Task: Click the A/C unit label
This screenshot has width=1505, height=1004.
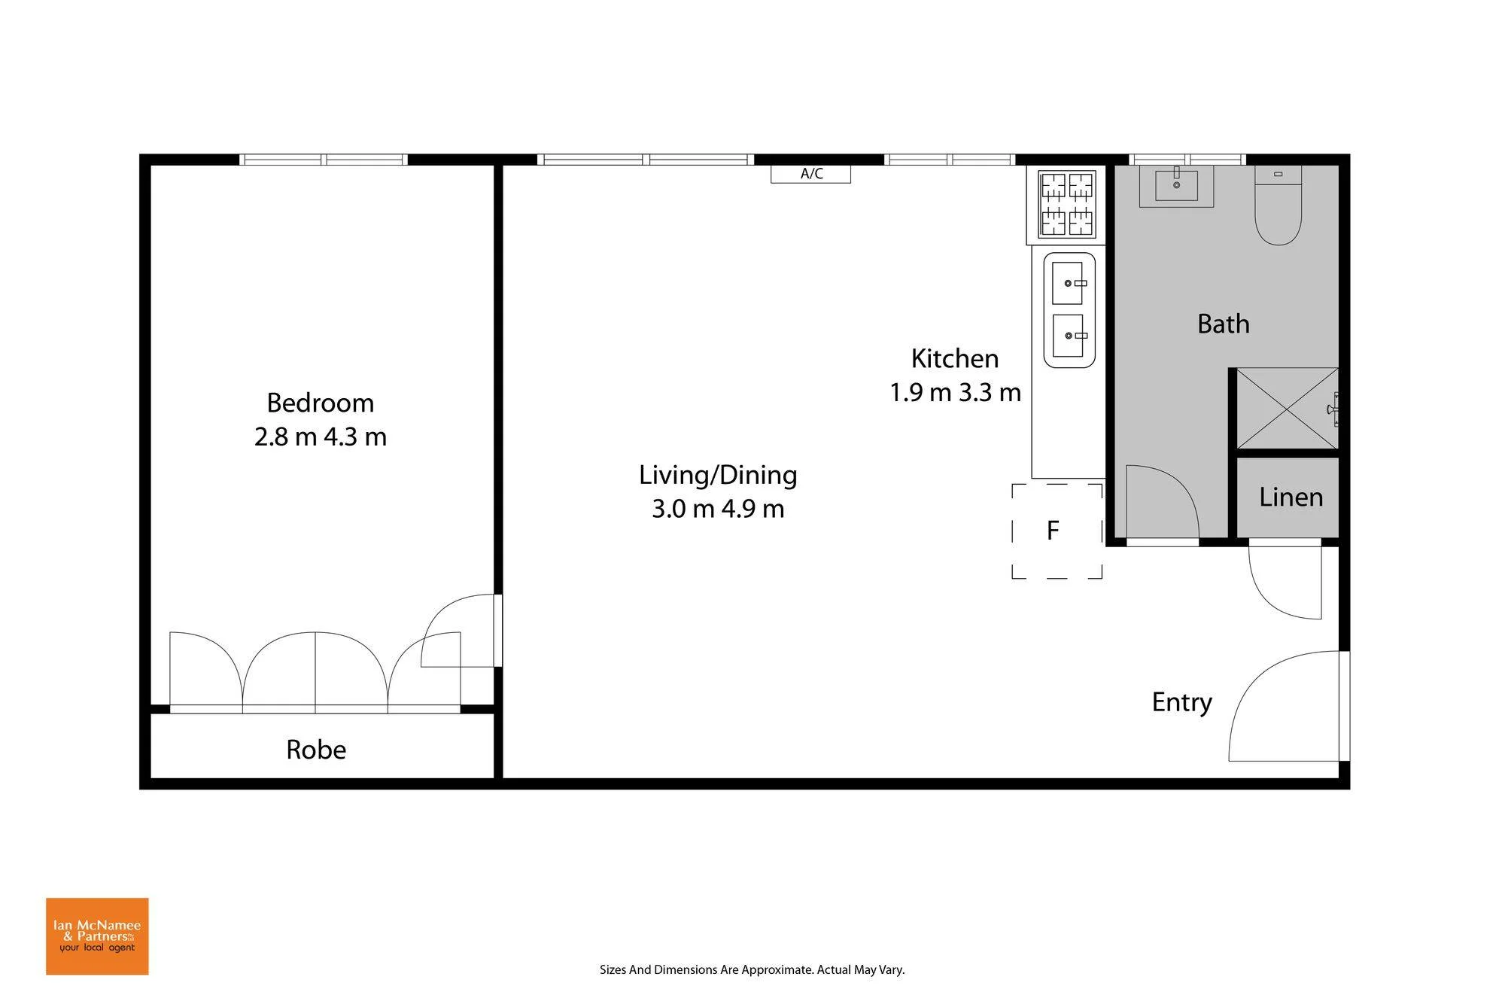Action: point(811,174)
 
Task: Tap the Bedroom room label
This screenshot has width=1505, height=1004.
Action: point(321,403)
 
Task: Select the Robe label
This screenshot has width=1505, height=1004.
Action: point(316,750)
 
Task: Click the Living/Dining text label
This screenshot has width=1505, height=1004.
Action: point(718,475)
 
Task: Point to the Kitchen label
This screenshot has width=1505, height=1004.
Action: point(955,359)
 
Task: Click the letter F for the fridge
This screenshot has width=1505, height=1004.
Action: point(1053,531)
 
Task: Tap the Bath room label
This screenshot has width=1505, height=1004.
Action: point(1224,324)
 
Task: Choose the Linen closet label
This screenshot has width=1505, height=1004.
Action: point(1291,497)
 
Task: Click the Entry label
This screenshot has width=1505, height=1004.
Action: point(1182,702)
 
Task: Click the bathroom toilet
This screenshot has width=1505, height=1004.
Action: point(1278,205)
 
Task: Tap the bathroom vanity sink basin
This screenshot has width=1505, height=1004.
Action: point(1176,185)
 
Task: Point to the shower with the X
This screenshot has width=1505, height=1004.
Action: point(1288,409)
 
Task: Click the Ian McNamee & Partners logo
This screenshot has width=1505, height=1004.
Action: point(97,936)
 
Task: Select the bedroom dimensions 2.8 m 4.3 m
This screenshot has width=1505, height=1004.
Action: point(321,437)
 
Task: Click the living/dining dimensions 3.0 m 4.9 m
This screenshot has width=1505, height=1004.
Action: point(718,510)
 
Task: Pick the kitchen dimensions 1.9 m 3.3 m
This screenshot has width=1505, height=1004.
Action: point(956,393)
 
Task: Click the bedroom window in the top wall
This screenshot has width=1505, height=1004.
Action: point(324,160)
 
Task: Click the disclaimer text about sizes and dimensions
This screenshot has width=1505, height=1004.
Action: point(752,970)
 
